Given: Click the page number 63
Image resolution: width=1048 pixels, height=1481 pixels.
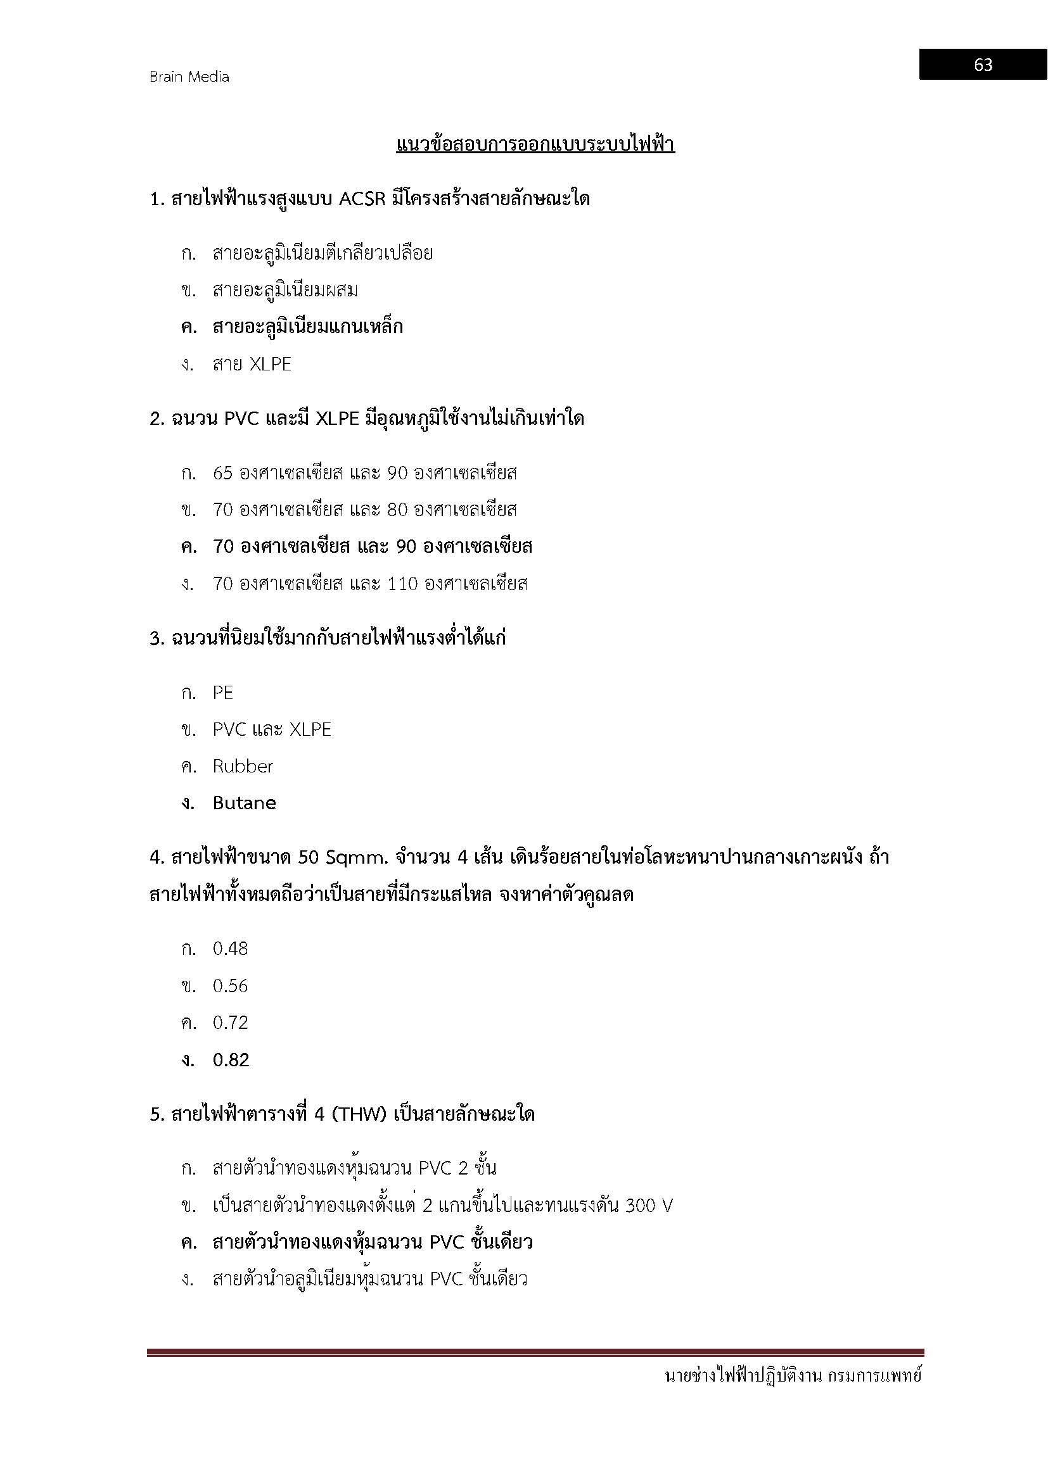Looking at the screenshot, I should (983, 65).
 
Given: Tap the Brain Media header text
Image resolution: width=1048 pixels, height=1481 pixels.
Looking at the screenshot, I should (189, 77).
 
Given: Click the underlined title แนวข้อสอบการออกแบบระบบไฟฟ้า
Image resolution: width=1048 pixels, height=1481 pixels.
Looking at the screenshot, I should (535, 144).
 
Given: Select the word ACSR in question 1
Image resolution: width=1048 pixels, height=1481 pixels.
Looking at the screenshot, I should (362, 199).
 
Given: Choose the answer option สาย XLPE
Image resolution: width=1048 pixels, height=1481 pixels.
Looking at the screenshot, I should (252, 365).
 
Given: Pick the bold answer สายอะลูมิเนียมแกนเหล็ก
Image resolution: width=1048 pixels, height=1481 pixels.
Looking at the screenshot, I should (307, 327).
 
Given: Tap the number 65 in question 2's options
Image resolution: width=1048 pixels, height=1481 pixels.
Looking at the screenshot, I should (222, 473).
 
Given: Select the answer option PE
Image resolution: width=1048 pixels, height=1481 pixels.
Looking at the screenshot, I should (222, 693).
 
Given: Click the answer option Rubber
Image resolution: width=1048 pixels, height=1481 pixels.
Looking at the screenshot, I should (243, 766).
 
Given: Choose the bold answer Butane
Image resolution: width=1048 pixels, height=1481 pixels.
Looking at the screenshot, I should (244, 803).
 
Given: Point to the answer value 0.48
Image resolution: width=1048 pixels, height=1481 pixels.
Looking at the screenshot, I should (231, 949).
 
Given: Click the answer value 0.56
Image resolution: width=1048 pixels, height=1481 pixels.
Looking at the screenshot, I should (231, 986).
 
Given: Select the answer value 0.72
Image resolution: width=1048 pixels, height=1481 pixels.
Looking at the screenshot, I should (231, 1023).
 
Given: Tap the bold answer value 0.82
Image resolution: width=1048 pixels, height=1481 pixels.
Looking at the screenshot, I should (231, 1060).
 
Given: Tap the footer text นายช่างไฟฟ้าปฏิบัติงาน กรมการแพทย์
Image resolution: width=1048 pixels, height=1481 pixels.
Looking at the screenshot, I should (793, 1377).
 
